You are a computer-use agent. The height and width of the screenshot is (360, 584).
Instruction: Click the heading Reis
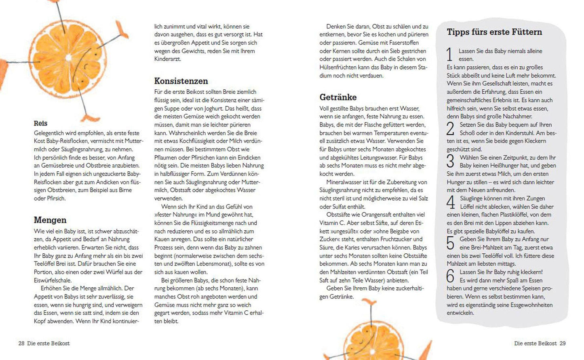pyautogui.click(x=40, y=123)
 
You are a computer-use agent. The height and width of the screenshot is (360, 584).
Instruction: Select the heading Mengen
pyautogui.click(x=50, y=220)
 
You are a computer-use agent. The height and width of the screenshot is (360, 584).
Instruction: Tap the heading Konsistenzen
pyautogui.click(x=181, y=81)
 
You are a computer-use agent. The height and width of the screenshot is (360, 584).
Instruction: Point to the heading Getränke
pyautogui.click(x=338, y=97)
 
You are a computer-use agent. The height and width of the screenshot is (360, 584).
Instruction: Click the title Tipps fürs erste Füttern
pyautogui.click(x=494, y=32)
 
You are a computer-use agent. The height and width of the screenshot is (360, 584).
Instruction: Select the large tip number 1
pyautogui.click(x=449, y=55)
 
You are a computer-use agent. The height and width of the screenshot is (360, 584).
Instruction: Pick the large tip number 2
pyautogui.click(x=450, y=128)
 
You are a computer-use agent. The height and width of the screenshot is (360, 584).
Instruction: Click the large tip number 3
pyautogui.click(x=450, y=161)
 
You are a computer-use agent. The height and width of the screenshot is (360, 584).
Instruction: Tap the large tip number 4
pyautogui.click(x=451, y=202)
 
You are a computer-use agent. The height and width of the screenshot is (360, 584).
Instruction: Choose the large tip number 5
pyautogui.click(x=450, y=243)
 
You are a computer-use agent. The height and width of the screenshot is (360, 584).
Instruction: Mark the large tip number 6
pyautogui.click(x=450, y=276)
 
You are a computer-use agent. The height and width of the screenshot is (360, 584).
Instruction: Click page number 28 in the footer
pyautogui.click(x=21, y=343)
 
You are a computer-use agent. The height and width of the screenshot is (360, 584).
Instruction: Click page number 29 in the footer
pyautogui.click(x=563, y=343)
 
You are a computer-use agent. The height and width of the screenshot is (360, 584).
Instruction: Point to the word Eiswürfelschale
pyautogui.click(x=53, y=280)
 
